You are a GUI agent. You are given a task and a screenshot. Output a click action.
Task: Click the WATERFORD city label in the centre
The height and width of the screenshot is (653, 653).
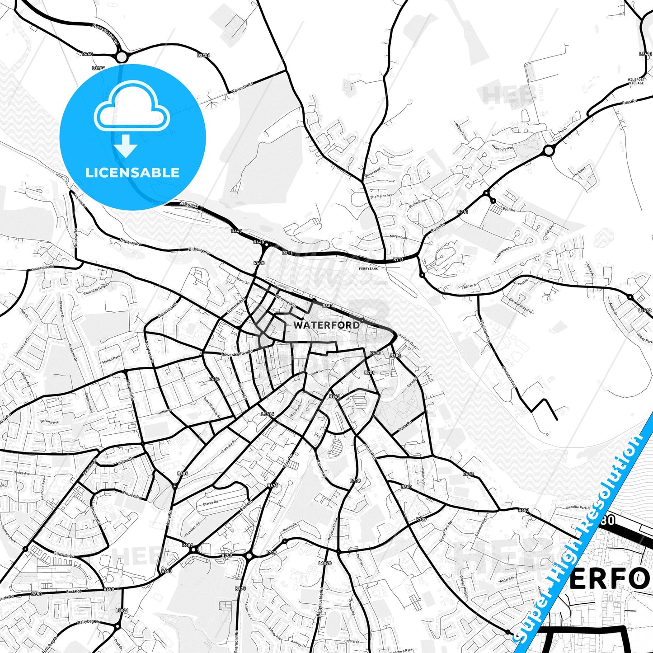point(326,325)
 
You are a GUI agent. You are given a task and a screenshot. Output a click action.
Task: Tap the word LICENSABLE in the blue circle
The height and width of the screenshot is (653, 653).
point(132,173)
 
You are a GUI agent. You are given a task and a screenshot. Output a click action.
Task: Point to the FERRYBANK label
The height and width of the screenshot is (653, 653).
point(368,268)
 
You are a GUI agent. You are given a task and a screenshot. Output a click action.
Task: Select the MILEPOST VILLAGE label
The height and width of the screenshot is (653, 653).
point(636,81)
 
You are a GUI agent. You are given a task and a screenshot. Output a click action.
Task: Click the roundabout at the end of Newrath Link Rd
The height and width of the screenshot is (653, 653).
point(121,57)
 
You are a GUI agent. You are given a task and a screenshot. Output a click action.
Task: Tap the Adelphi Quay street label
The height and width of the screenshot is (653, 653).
point(409,342)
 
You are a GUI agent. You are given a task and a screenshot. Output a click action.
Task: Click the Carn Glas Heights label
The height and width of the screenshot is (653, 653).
point(96,289)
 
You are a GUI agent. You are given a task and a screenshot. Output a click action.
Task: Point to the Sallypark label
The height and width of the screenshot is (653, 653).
point(188,204)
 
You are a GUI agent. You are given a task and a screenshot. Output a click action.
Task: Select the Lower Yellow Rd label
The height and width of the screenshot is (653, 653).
point(238,353)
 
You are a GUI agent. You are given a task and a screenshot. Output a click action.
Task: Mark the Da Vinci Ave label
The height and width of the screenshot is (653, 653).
point(49,422)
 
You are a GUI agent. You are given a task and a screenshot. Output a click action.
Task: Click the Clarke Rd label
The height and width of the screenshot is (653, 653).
point(211,503)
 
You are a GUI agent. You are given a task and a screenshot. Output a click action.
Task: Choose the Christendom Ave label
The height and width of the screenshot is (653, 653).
point(521,305)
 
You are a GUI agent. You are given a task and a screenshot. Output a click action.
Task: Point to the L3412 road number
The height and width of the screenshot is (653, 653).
point(645,310)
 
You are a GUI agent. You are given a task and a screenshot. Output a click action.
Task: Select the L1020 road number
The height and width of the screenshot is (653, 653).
point(325,563)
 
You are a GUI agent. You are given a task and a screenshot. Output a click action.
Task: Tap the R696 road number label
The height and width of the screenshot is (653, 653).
point(214,379)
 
